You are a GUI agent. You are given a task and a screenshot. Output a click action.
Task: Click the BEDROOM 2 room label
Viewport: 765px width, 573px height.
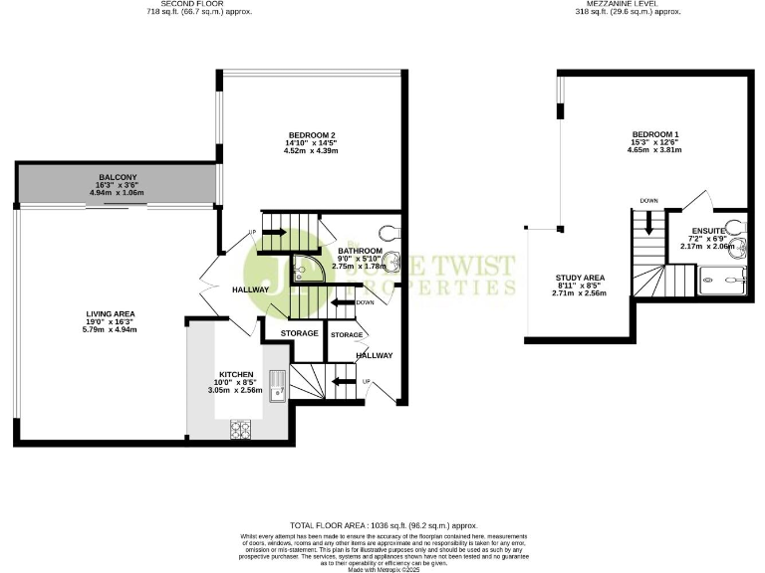click(311, 135)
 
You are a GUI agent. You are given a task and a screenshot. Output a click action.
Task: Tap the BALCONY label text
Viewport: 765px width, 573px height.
click(117, 177)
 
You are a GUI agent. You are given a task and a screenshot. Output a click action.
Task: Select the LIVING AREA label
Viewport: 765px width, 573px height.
click(110, 313)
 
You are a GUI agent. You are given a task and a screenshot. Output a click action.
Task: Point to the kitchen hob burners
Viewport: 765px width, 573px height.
click(241, 429)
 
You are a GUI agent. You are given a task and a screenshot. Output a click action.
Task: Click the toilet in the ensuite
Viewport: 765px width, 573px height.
click(733, 225)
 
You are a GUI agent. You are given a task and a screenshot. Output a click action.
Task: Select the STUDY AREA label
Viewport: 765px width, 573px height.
click(579, 278)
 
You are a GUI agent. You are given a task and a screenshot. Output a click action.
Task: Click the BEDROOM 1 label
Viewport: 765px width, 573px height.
click(655, 135)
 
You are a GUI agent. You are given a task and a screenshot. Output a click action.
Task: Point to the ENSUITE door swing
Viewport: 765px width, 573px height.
click(697, 204)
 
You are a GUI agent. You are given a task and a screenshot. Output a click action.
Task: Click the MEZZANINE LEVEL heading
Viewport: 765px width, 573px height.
click(628, 4)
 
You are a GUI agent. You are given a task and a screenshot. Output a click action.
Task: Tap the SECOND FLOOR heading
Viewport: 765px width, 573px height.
click(199, 4)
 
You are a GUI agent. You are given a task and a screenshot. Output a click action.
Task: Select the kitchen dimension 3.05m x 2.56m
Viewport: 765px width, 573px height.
click(236, 390)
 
